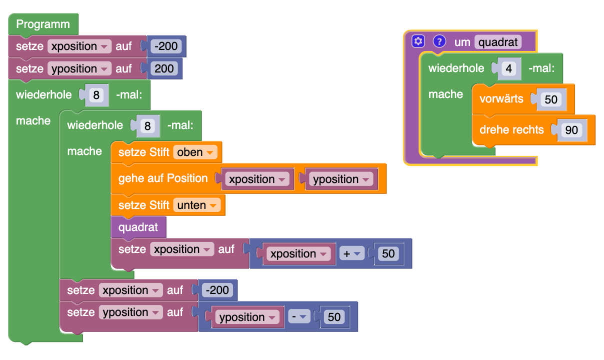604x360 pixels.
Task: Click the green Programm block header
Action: pos(43,24)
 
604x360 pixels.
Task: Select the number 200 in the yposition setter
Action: pos(164,68)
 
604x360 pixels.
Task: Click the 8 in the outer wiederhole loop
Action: pos(97,94)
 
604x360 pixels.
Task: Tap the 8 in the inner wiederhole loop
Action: pos(147,125)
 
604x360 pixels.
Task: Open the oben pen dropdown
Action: pos(195,152)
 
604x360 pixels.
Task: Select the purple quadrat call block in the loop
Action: pos(138,228)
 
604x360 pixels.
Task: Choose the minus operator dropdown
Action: pos(298,317)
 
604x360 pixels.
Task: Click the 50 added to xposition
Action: pos(388,253)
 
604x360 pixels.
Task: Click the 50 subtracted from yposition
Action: pos(334,317)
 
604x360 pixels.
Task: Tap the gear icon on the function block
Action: pos(418,41)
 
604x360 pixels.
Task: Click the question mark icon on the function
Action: pos(439,41)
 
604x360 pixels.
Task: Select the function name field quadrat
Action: pos(497,41)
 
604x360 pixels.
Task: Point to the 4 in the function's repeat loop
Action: pos(509,68)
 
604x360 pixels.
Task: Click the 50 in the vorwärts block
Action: pos(551,99)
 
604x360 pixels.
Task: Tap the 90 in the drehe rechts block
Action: pos(571,130)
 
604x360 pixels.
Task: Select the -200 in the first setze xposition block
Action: pos(166,46)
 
